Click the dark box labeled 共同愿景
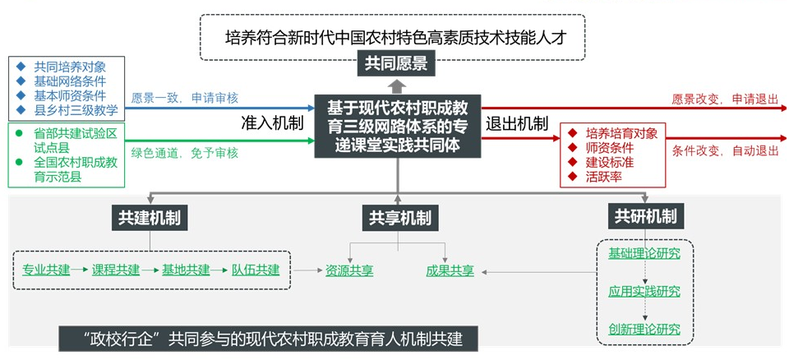pyautogui.click(x=396, y=63)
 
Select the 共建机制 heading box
pyautogui.click(x=149, y=217)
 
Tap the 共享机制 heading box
pyautogui.click(x=399, y=218)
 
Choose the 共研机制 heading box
pyautogui.click(x=645, y=216)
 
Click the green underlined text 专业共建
pyautogui.click(x=46, y=270)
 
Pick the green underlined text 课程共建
pyautogui.click(x=115, y=270)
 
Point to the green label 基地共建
pyautogui.click(x=185, y=270)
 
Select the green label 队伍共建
pyautogui.click(x=256, y=270)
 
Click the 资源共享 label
pyautogui.click(x=349, y=270)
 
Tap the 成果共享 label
pyautogui.click(x=450, y=270)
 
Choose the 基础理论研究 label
pyautogui.click(x=644, y=253)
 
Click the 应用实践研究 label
pyautogui.click(x=644, y=292)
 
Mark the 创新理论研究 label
pyautogui.click(x=644, y=330)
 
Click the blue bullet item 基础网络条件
pyautogui.click(x=69, y=81)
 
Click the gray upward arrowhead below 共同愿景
pyautogui.click(x=396, y=85)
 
